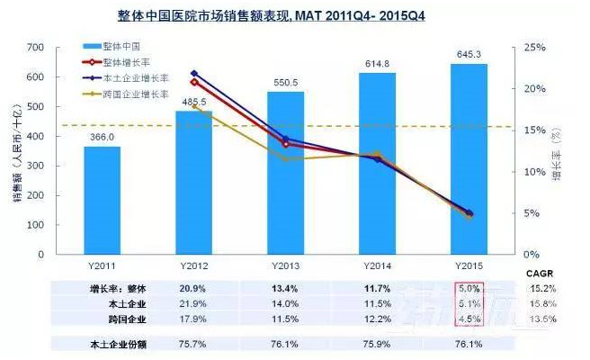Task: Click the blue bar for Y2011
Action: click(102, 200)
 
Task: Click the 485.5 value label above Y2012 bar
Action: click(194, 102)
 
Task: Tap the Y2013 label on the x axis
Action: click(286, 266)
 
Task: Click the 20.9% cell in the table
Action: click(194, 287)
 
